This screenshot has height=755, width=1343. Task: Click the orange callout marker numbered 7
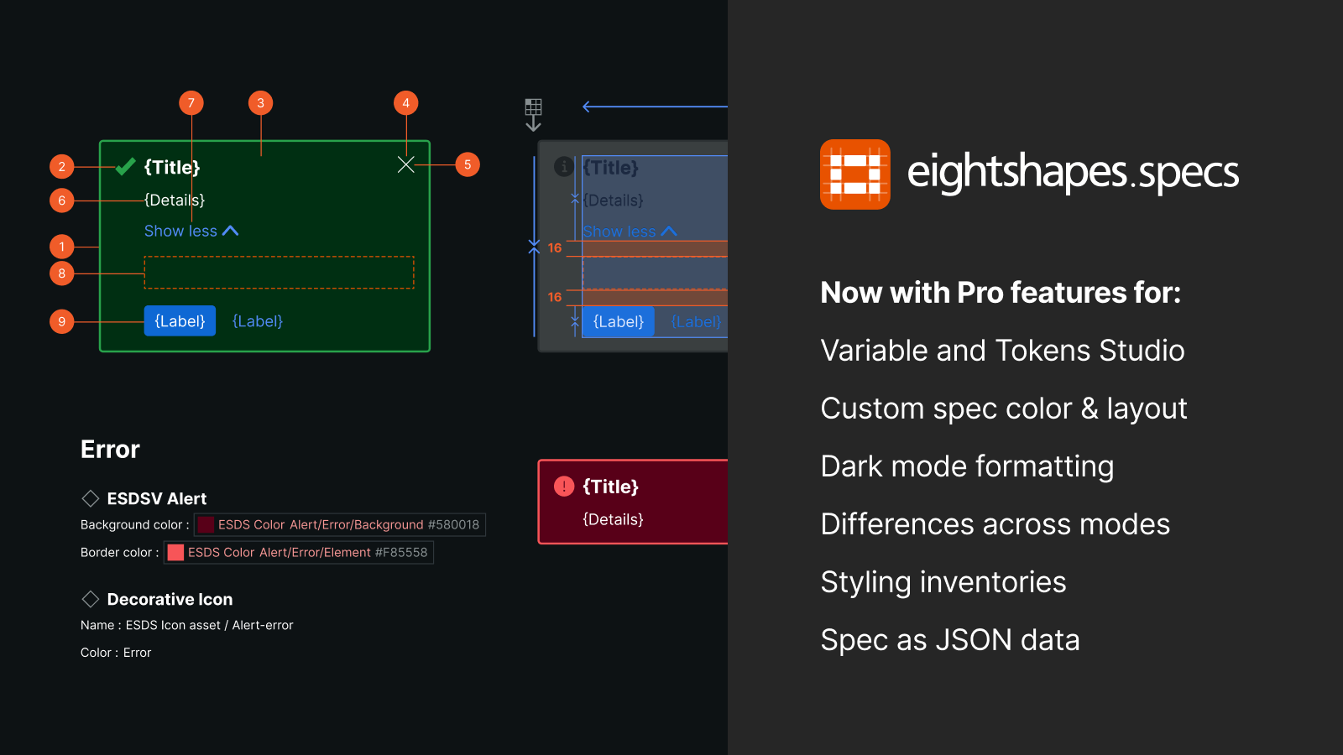[x=191, y=103]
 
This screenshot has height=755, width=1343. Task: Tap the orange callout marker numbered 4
[x=406, y=103]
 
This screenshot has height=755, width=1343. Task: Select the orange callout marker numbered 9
[x=62, y=321]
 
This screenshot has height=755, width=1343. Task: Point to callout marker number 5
[x=468, y=164]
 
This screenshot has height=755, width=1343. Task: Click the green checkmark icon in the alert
[x=125, y=167]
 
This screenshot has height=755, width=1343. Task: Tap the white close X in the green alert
[x=406, y=164]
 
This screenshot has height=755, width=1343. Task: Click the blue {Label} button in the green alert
[x=180, y=321]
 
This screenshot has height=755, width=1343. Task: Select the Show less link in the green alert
[x=191, y=231]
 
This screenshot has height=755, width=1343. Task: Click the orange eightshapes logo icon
[x=854, y=174]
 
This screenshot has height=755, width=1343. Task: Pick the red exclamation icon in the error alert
[x=564, y=486]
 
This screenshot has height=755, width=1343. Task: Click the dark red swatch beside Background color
[x=206, y=525]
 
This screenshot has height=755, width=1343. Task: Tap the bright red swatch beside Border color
[x=175, y=552]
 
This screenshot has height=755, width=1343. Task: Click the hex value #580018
[x=453, y=525]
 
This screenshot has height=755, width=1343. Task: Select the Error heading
[x=110, y=450]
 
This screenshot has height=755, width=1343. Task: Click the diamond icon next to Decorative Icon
[x=91, y=599]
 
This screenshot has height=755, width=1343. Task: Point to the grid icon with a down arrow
[x=533, y=114]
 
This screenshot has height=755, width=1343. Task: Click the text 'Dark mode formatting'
[x=967, y=466]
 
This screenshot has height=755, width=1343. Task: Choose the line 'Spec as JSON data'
[x=950, y=640]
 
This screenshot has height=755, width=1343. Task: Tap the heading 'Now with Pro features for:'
[x=1001, y=293]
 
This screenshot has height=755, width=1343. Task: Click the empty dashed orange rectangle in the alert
[x=279, y=273]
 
